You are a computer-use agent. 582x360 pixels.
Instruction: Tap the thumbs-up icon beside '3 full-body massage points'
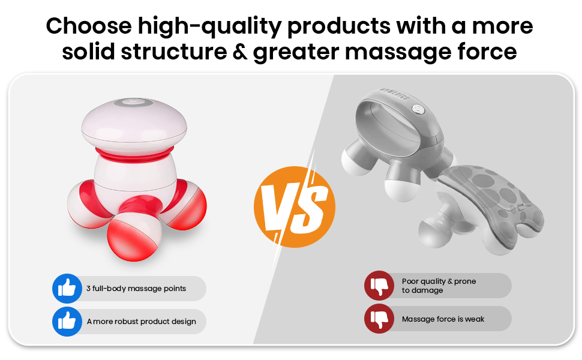[x=67, y=289]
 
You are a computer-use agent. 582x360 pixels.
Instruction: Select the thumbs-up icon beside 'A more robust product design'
[x=67, y=322]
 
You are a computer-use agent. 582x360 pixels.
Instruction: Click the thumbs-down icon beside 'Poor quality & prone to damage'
[x=379, y=286]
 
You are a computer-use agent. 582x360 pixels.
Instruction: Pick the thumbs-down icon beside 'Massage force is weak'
[x=379, y=319]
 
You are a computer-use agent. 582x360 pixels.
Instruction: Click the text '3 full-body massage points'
[x=136, y=289]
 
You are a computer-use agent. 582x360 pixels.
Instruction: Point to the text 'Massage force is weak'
[x=443, y=319]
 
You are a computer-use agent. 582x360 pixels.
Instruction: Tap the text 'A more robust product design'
[x=142, y=322]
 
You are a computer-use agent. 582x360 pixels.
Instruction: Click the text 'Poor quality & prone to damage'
[x=439, y=286]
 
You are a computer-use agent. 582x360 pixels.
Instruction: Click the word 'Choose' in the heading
[x=89, y=26]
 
